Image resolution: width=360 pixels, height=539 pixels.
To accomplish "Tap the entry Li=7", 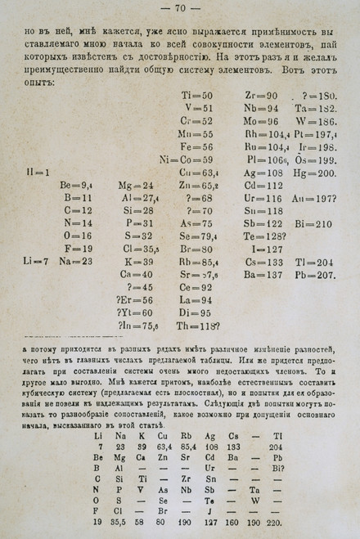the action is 38,261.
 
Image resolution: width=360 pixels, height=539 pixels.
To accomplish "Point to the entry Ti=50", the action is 196,95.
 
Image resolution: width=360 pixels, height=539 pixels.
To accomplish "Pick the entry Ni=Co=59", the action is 186,159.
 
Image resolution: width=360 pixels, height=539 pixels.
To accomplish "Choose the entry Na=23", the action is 79,261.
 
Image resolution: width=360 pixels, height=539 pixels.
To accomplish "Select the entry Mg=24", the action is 136,186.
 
